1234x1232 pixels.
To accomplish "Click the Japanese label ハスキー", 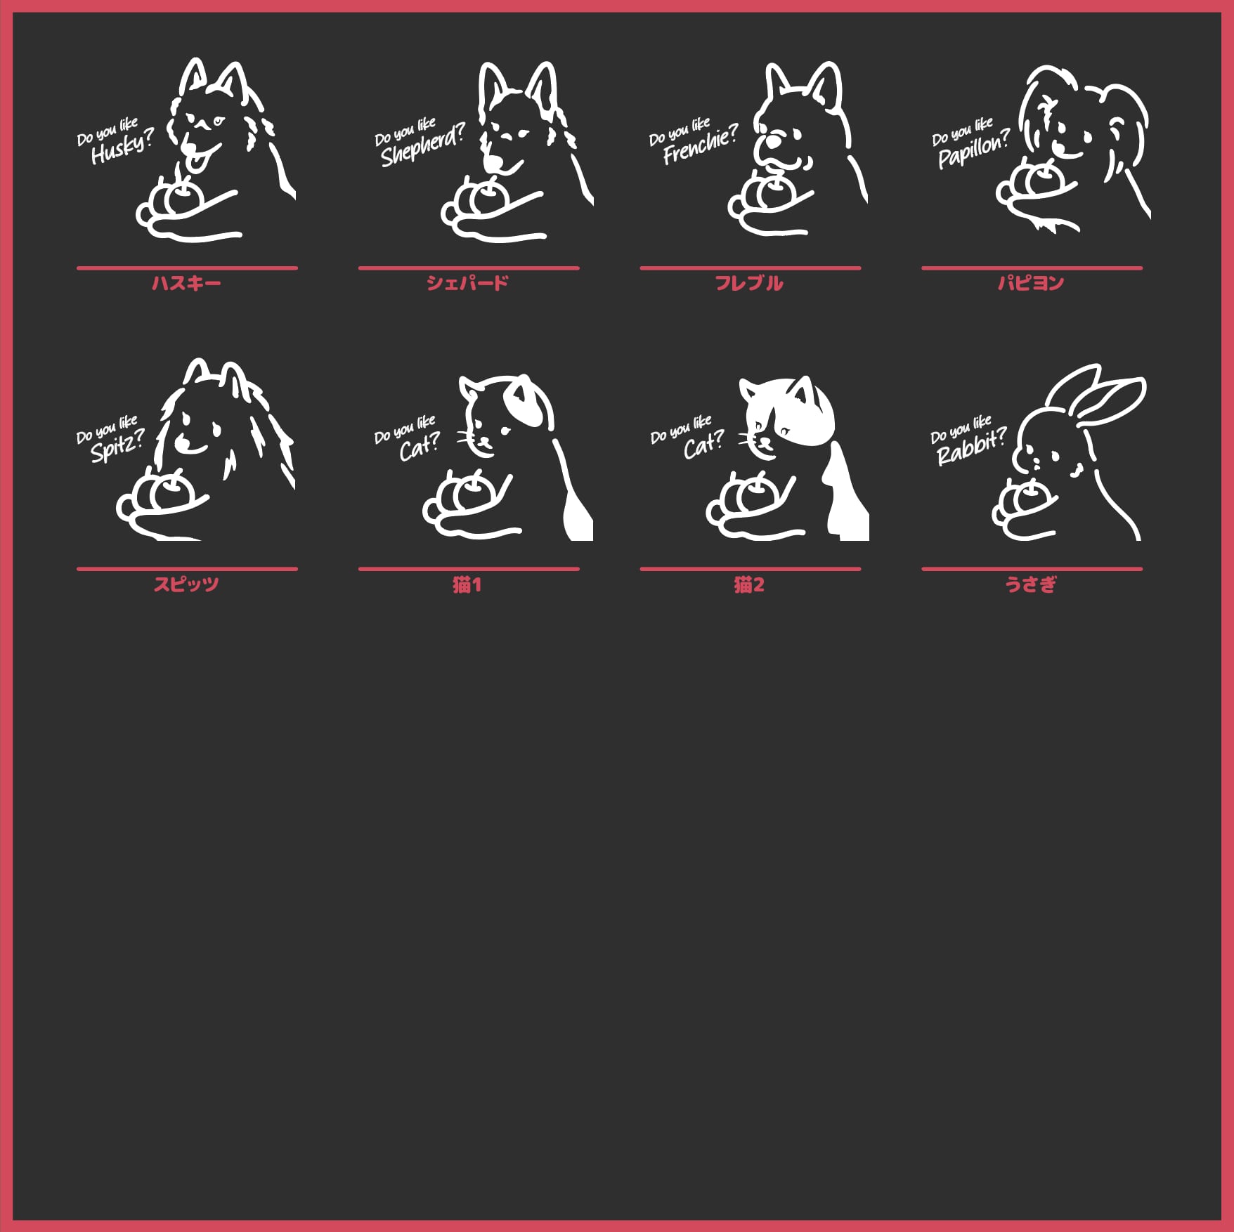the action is tap(186, 283).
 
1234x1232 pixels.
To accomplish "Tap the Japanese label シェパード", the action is tap(467, 283).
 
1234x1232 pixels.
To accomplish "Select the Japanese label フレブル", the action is tap(749, 283).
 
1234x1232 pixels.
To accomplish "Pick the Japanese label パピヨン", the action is tap(1031, 283).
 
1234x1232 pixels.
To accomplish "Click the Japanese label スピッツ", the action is tap(186, 584).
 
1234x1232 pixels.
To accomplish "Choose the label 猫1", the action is tap(467, 584).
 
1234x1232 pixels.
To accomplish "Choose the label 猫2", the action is tap(749, 584).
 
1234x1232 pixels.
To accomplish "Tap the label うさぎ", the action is tap(1031, 584).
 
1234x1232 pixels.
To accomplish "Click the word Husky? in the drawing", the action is tap(122, 148).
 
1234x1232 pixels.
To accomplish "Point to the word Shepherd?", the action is tap(422, 146).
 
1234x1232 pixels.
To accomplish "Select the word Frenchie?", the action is tap(700, 145).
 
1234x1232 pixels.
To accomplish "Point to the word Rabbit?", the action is tap(971, 447).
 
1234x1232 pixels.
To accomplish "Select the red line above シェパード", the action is tap(469, 268).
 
